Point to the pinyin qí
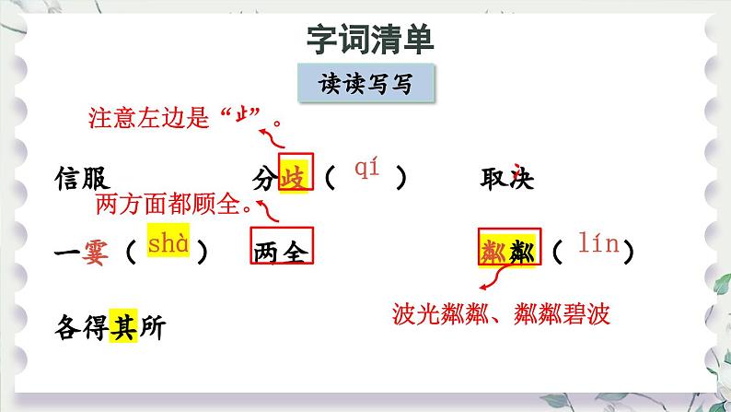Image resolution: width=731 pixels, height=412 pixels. click(366, 168)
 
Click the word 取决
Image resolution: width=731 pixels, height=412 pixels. click(507, 178)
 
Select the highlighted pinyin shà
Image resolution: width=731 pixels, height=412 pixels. click(168, 244)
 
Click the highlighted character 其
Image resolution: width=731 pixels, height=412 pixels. click(122, 327)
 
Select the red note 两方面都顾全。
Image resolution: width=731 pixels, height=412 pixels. click(174, 204)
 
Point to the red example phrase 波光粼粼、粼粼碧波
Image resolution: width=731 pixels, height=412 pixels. click(500, 313)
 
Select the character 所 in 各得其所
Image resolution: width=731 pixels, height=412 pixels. click(150, 327)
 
